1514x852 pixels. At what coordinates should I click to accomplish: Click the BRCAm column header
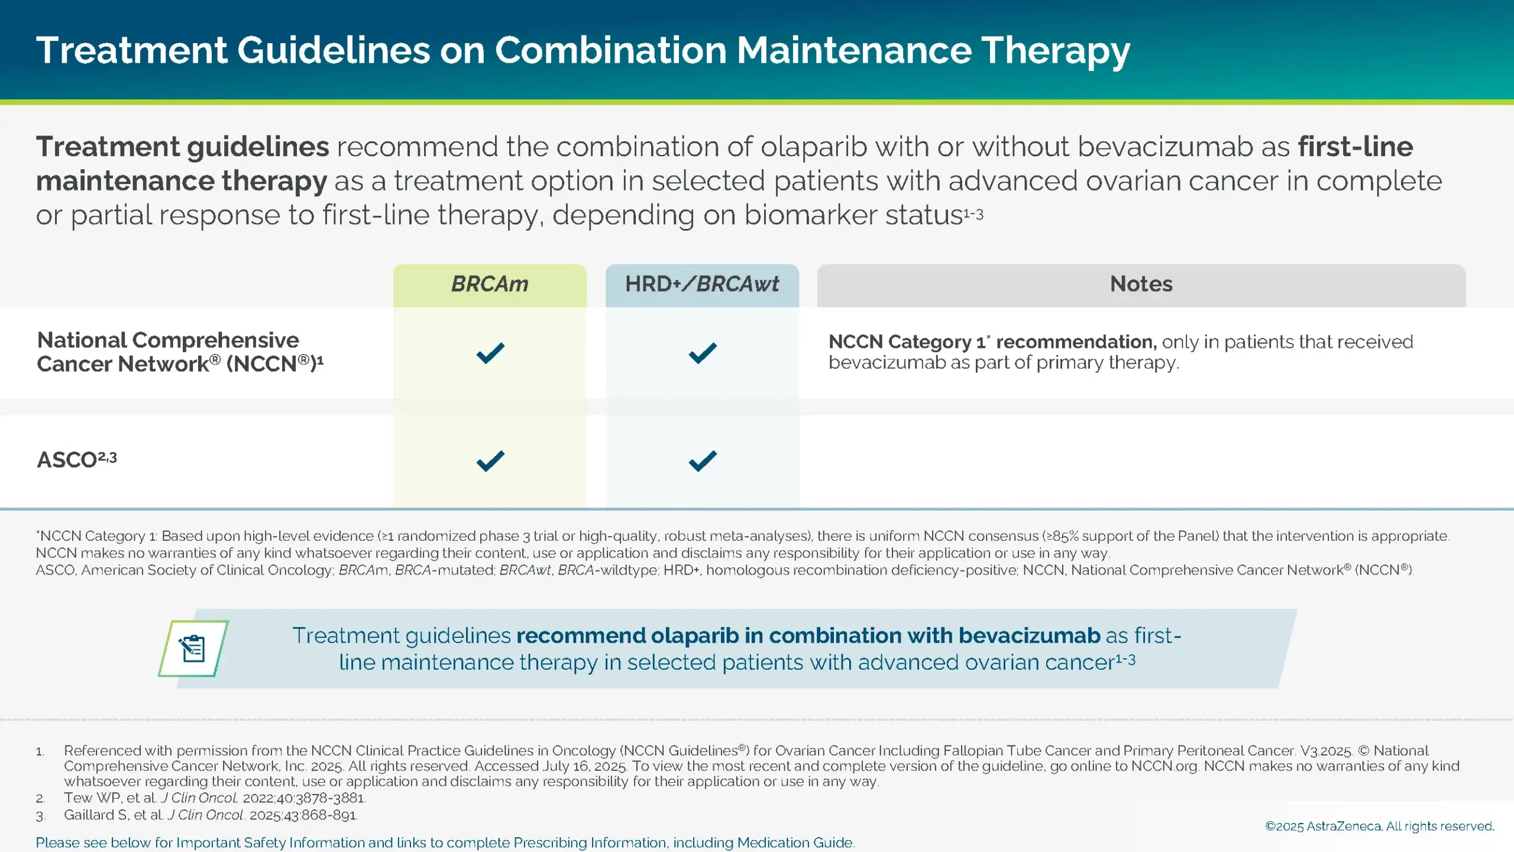pos(490,285)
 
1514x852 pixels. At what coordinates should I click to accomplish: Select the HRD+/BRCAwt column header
pos(702,285)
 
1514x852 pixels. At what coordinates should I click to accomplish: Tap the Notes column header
pos(1141,285)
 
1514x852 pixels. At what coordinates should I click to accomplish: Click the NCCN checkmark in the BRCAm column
pos(490,353)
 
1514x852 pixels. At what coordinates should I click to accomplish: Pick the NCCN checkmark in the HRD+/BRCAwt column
pos(703,353)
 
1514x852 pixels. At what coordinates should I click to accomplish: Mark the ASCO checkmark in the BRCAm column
pos(490,461)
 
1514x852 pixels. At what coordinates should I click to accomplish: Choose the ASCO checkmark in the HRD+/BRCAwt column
pos(703,461)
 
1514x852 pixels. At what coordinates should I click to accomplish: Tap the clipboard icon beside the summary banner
pos(193,648)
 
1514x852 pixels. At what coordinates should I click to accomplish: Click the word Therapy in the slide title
pos(1056,50)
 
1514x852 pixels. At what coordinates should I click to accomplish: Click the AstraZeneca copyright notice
pos(1379,826)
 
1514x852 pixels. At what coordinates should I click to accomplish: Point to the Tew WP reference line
pos(214,798)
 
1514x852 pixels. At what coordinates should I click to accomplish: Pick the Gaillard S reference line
pos(210,815)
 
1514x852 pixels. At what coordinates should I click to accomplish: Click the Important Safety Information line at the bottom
pos(445,843)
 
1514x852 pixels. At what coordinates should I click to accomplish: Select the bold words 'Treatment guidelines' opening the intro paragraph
pos(182,147)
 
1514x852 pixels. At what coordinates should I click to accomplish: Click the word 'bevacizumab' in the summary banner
pos(1029,635)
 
